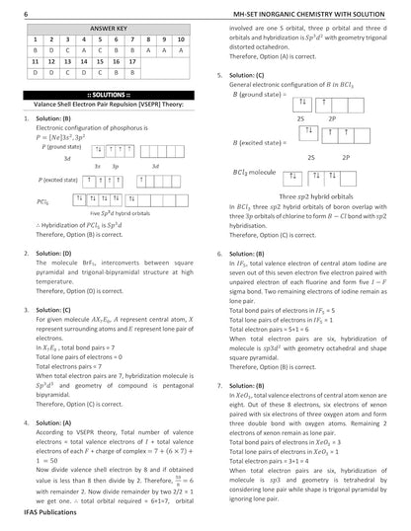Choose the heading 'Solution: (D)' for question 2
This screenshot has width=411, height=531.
click(x=54, y=253)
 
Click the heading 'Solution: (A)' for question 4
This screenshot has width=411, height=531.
click(x=54, y=395)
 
